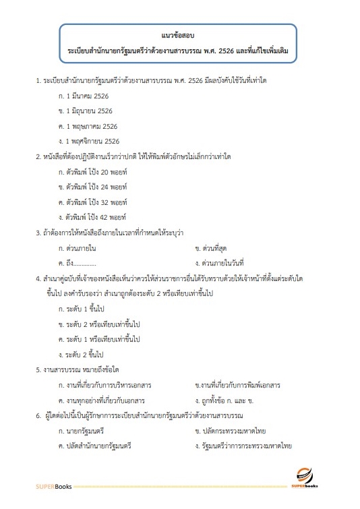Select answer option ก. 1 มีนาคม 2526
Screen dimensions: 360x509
tap(84, 96)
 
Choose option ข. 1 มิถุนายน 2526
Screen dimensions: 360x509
tap(85, 111)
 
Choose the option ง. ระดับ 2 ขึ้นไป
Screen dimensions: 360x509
tap(82, 354)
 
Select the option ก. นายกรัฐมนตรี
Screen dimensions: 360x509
tap(80, 431)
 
